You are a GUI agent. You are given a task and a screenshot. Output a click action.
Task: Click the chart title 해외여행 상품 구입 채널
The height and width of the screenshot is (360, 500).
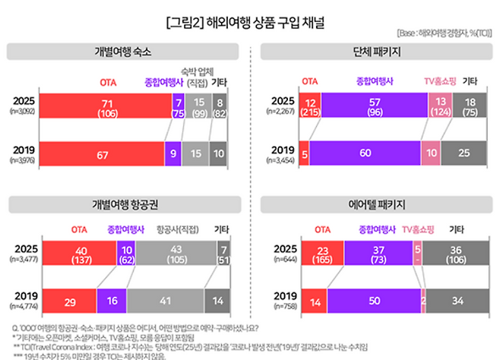pos(249,21)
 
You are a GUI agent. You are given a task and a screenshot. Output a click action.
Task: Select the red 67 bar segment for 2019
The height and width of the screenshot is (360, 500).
pos(100,153)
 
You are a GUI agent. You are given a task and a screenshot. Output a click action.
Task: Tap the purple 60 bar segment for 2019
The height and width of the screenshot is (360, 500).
pos(364,153)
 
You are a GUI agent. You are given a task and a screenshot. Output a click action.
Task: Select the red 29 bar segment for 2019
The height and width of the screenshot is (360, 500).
pos(69,302)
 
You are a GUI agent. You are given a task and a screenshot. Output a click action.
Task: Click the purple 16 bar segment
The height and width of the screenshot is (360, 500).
pos(112,302)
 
